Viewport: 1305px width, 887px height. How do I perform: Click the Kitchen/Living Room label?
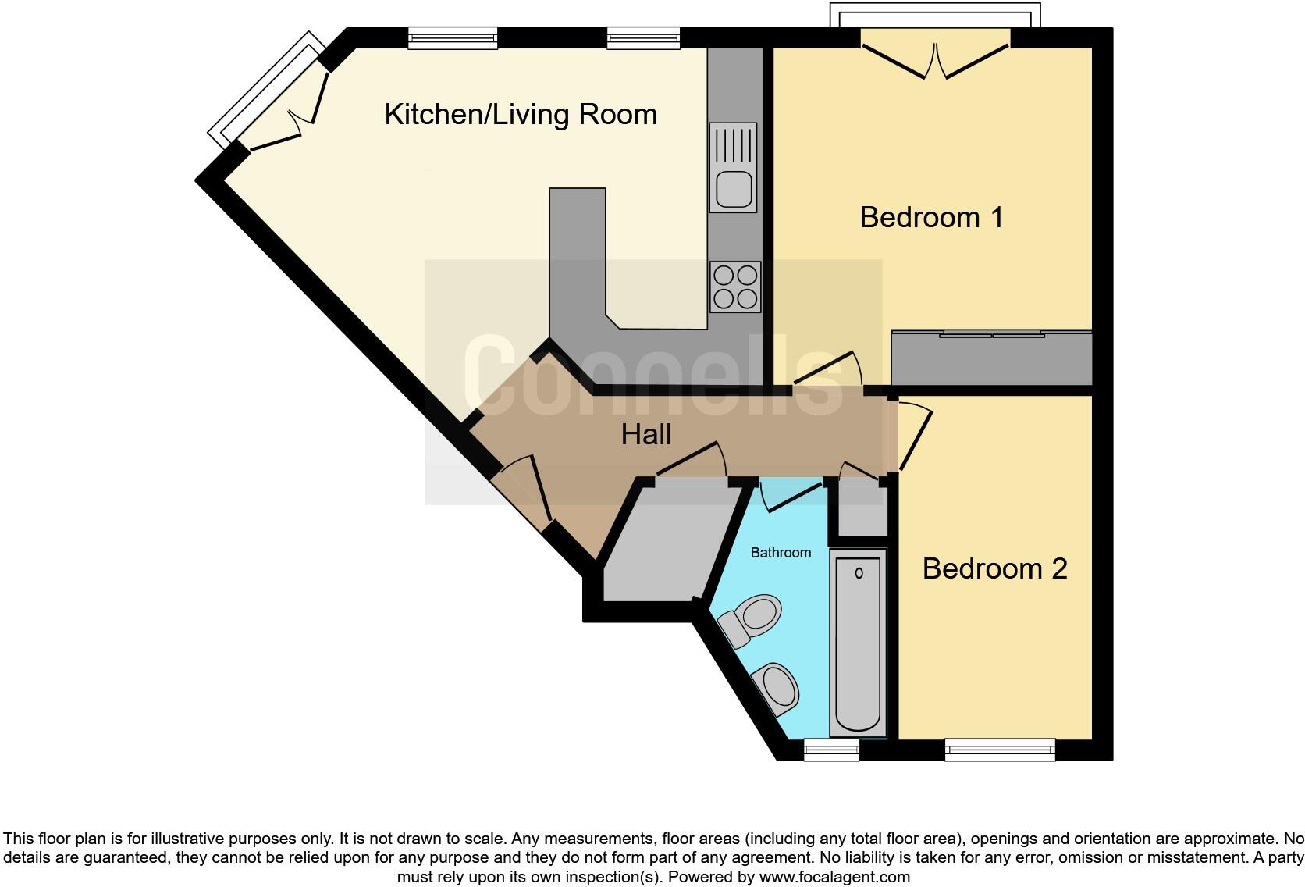tap(521, 115)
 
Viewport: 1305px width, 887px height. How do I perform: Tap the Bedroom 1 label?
tap(931, 217)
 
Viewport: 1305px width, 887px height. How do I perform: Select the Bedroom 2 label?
tap(994, 568)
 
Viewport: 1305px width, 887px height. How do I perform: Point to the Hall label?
tap(646, 435)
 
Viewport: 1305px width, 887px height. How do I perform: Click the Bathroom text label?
tap(781, 553)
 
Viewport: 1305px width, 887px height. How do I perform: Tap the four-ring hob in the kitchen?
tap(735, 287)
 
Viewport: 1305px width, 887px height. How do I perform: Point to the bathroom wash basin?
tap(777, 689)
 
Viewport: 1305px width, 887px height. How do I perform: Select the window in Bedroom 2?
tap(1000, 750)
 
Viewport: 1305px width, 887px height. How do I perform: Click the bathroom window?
tap(831, 750)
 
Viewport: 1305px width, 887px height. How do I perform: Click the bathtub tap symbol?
tap(859, 574)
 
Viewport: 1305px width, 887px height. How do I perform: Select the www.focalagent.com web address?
tap(834, 877)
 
